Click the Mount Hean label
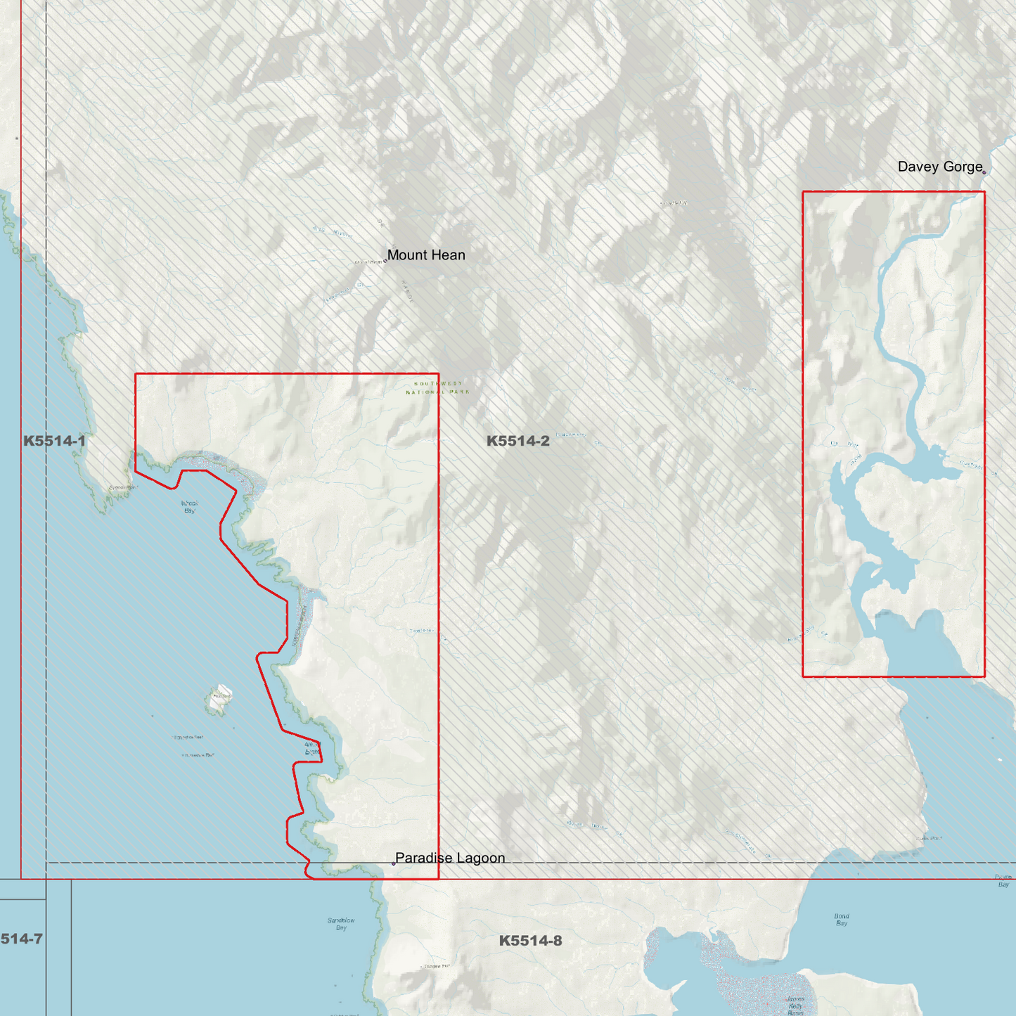pyautogui.click(x=426, y=255)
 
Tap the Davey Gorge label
pyautogui.click(x=939, y=167)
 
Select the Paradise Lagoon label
pyautogui.click(x=450, y=858)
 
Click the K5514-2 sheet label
pyautogui.click(x=517, y=441)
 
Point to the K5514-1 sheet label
pyautogui.click(x=54, y=441)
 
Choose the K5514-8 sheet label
pyautogui.click(x=530, y=941)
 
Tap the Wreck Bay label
pyautogui.click(x=190, y=507)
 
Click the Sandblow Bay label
pyautogui.click(x=341, y=924)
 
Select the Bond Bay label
pyautogui.click(x=842, y=920)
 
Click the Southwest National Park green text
pyautogui.click(x=437, y=387)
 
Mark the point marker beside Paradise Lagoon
pyautogui.click(x=393, y=863)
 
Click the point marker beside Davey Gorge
pyautogui.click(x=984, y=172)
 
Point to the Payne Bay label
pyautogui.click(x=1003, y=880)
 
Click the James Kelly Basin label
pyautogui.click(x=795, y=1005)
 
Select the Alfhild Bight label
pyautogui.click(x=312, y=748)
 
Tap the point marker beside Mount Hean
pyautogui.click(x=385, y=261)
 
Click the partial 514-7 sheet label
pyautogui.click(x=21, y=939)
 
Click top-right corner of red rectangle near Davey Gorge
pyautogui.click(x=984, y=192)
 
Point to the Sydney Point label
pyautogui.click(x=122, y=487)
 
